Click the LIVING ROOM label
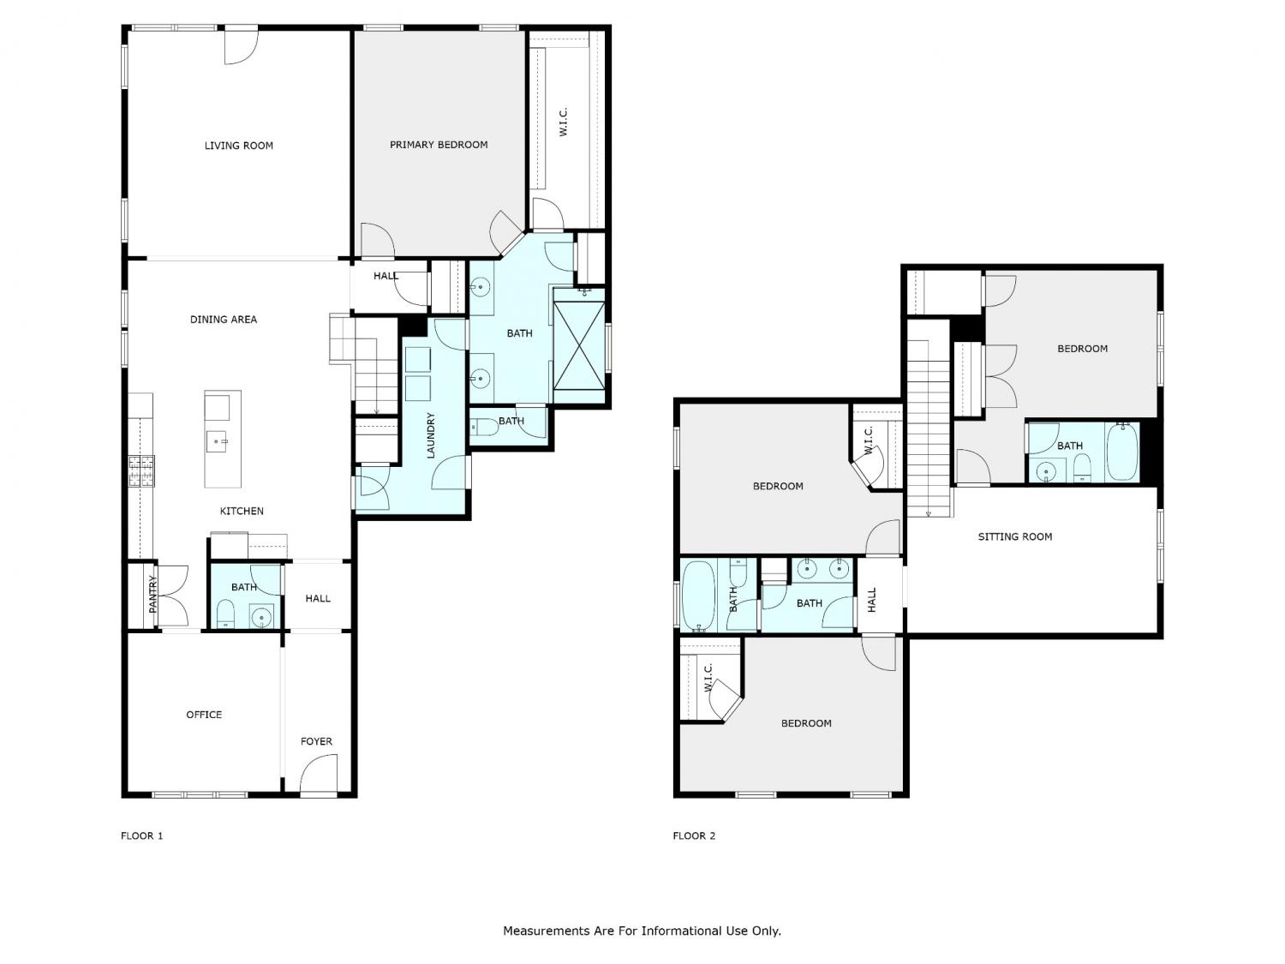point(238,146)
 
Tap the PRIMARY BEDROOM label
point(439,145)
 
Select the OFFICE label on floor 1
point(204,715)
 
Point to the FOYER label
point(316,741)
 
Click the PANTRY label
point(152,594)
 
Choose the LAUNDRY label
point(431,435)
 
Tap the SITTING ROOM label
point(1014,536)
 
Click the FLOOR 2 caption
point(694,835)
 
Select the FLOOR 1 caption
point(141,835)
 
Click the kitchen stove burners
point(141,471)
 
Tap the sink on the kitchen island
point(217,440)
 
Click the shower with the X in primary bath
point(579,344)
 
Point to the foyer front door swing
point(319,774)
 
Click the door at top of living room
point(242,45)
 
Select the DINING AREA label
point(223,320)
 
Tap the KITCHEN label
point(242,511)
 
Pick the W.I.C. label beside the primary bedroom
point(563,122)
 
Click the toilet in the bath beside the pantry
point(225,616)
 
